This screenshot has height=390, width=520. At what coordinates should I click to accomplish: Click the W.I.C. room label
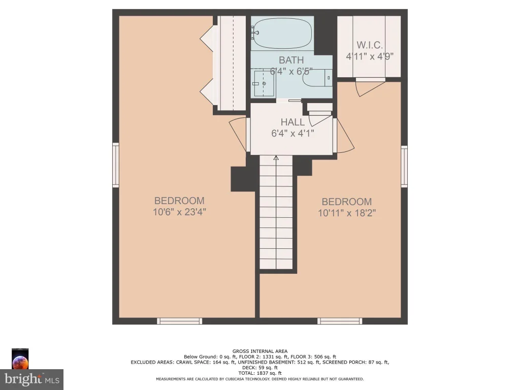coord(370,45)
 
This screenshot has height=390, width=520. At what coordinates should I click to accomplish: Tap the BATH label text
coord(291,60)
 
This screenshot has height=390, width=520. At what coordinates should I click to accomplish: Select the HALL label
coord(292,122)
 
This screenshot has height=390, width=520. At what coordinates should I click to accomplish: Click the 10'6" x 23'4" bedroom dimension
coord(179,212)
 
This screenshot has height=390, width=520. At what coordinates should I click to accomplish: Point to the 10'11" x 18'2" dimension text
coord(346,213)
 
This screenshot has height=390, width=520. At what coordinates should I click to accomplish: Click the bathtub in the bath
coord(282,34)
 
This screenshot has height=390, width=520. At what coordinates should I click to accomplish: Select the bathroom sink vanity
coord(263,83)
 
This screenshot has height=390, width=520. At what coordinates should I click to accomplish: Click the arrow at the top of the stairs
coord(276,158)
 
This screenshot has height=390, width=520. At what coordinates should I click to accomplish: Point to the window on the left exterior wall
coord(116,165)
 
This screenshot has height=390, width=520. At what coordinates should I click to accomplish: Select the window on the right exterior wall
coord(404,166)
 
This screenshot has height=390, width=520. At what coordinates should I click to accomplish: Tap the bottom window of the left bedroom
coord(179,321)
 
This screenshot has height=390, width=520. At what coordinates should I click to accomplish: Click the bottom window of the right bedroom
coord(340,321)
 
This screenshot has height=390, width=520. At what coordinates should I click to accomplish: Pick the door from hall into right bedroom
coord(344,136)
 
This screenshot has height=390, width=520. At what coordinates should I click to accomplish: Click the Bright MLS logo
coord(32,379)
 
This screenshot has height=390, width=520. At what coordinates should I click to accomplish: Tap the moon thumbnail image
coord(20,359)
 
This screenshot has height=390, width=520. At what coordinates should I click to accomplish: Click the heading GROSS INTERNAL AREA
coord(260,351)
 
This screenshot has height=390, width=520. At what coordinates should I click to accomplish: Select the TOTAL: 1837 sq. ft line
coord(260,373)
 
